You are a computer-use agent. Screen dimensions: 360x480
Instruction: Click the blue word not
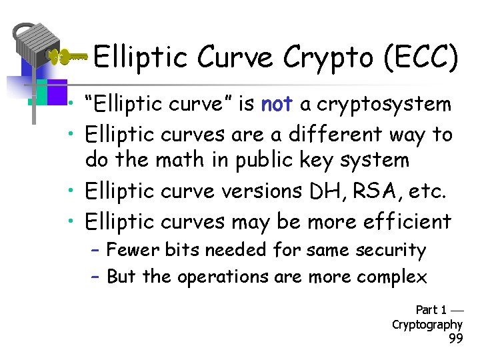pyautogui.click(x=277, y=104)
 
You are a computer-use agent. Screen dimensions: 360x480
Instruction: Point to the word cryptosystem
pyautogui.click(x=385, y=105)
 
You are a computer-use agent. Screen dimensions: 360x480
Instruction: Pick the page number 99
pyautogui.click(x=456, y=339)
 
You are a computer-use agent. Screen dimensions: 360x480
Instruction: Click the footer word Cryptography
pyautogui.click(x=427, y=325)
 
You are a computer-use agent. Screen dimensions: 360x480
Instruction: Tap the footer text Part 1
pyautogui.click(x=431, y=310)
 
